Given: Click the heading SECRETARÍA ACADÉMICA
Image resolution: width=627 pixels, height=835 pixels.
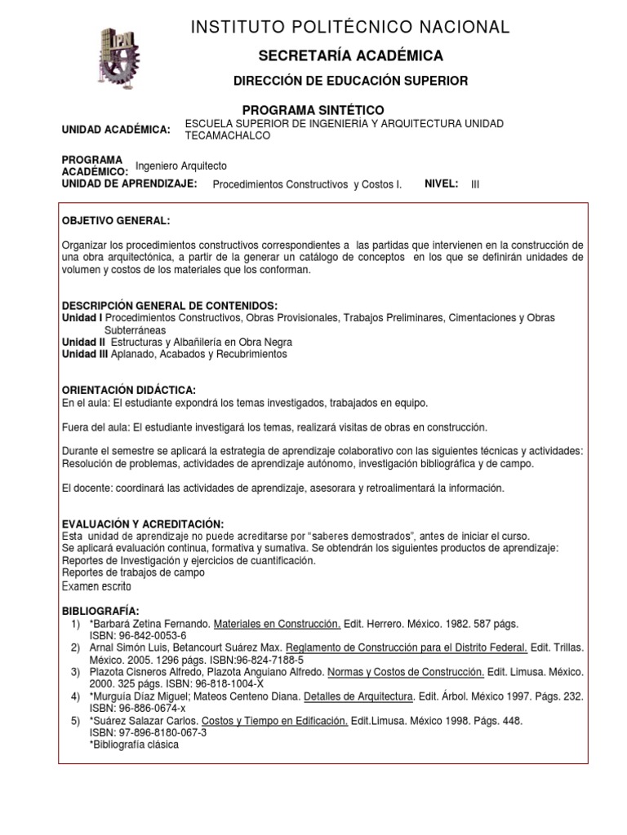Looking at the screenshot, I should tap(350, 56).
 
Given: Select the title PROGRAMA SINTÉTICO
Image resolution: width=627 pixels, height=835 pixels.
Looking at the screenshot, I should tap(313, 110).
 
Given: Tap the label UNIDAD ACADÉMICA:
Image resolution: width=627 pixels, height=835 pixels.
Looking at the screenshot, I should tap(116, 130).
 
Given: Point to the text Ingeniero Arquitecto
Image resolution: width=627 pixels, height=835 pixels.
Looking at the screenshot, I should tap(180, 166).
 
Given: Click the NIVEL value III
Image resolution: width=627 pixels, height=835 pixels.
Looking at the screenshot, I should tap(475, 184).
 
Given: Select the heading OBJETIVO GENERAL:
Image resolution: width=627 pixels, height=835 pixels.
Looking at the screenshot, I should tap(116, 222).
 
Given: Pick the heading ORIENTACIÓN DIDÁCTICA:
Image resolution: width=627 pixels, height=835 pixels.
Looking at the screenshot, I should tap(129, 391).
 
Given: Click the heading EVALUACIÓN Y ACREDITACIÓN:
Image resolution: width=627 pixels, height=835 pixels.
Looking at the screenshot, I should tap(143, 524).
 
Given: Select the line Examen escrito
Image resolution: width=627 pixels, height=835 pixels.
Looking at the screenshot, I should tap(96, 586).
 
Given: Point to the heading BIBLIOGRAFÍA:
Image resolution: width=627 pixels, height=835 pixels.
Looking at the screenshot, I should tap(100, 612).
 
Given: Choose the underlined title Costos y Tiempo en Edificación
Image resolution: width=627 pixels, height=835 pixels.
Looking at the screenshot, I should tap(274, 722).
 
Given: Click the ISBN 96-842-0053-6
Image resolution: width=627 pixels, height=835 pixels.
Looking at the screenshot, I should tap(138, 636).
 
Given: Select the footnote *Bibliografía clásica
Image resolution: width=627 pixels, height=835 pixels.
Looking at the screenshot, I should tap(134, 745).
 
